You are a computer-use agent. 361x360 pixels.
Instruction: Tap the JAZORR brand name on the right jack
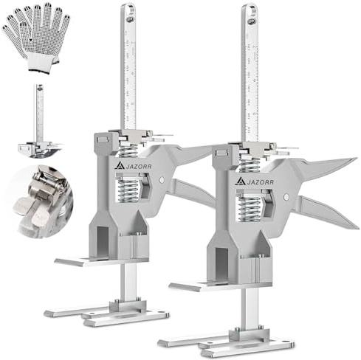pyautogui.click(x=258, y=180)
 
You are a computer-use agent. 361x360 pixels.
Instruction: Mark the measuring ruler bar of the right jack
pyautogui.click(x=251, y=81)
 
